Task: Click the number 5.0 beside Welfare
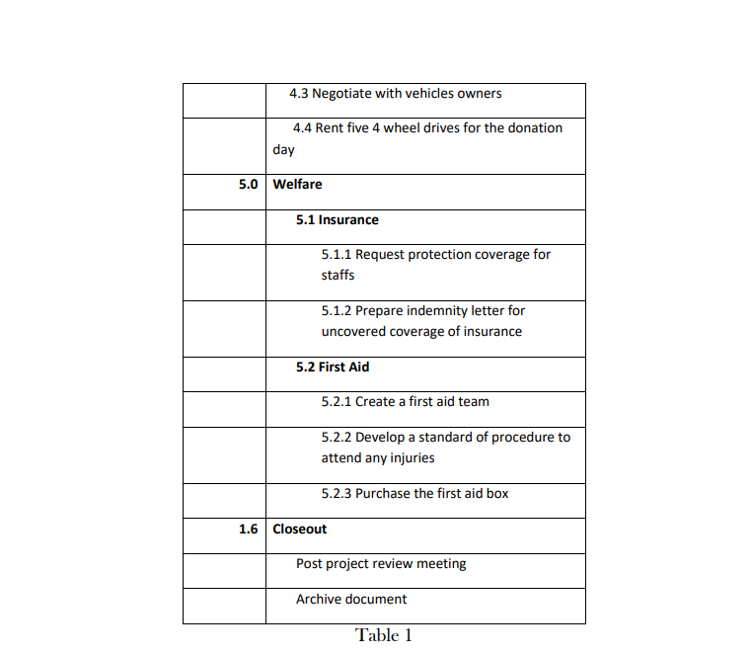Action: click(248, 185)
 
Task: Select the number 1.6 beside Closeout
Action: click(248, 530)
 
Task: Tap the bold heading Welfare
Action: click(297, 185)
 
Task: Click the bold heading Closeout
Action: click(299, 530)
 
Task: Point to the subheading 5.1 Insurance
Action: click(337, 220)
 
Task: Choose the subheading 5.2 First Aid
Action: click(333, 368)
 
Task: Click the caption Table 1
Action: click(384, 635)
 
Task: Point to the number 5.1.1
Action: click(337, 255)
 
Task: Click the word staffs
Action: click(338, 276)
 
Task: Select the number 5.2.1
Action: click(337, 402)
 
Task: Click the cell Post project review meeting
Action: click(381, 564)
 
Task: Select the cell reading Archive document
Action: click(351, 600)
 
